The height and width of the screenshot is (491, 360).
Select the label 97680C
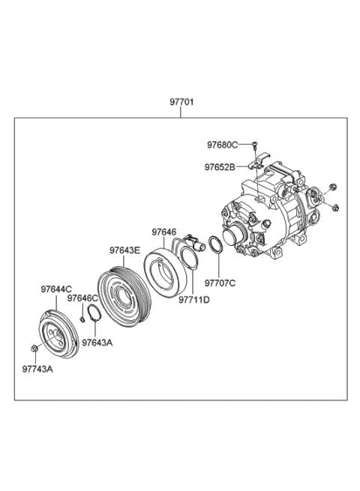click(x=223, y=144)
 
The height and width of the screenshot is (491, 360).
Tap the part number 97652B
click(x=223, y=166)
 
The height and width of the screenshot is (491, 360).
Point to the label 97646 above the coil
click(x=163, y=232)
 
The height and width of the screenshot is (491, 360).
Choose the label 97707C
click(x=220, y=283)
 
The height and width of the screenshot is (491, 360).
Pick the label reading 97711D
click(x=193, y=300)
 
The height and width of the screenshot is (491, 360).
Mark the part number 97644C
click(x=56, y=288)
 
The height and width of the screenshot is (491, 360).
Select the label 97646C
click(x=82, y=298)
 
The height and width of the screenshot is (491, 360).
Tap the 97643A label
click(x=97, y=343)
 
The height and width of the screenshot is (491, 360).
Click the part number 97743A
click(x=38, y=369)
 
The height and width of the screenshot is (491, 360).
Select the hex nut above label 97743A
click(x=37, y=347)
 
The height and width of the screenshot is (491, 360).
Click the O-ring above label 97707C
click(x=214, y=246)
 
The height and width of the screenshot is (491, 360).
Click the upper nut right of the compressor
click(x=334, y=186)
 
